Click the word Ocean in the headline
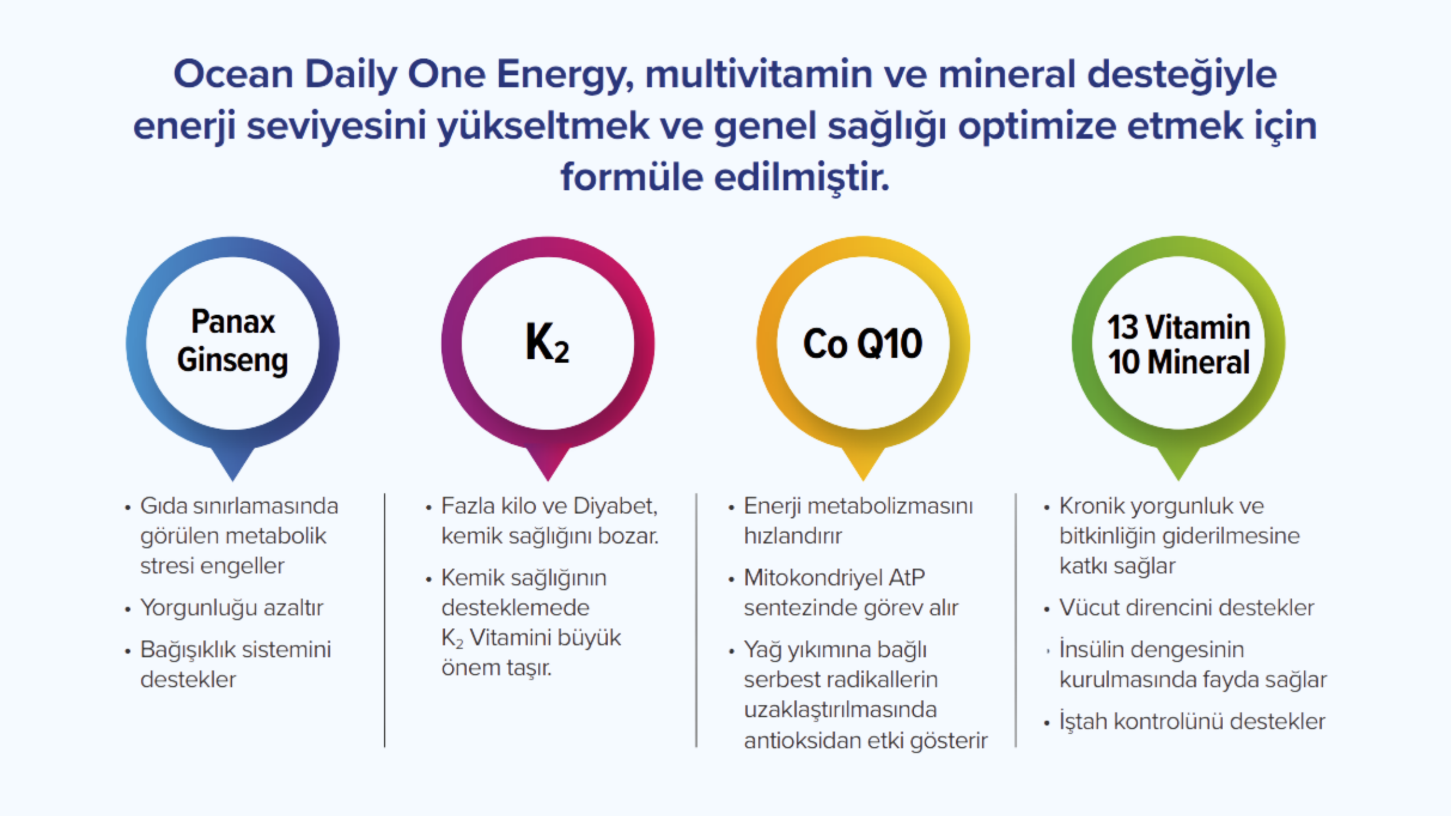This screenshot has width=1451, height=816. pyautogui.click(x=234, y=74)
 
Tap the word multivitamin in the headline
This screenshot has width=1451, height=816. pyautogui.click(x=759, y=74)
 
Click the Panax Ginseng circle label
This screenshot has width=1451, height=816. pyautogui.click(x=232, y=341)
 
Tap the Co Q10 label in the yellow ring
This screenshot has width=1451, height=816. pyautogui.click(x=863, y=343)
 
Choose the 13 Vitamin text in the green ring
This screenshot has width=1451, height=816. pyautogui.click(x=1179, y=327)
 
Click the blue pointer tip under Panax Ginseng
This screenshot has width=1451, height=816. pyautogui.click(x=232, y=480)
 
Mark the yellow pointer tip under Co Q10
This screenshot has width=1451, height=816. pyautogui.click(x=863, y=480)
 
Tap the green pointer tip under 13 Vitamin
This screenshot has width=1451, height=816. pyautogui.click(x=1178, y=480)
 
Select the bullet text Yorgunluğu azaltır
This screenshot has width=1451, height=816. pyautogui.click(x=232, y=608)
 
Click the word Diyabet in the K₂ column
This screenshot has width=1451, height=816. pyautogui.click(x=615, y=506)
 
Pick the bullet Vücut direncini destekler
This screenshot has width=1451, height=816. pyautogui.click(x=1187, y=608)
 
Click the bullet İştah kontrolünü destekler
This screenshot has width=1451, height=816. pyautogui.click(x=1193, y=721)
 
